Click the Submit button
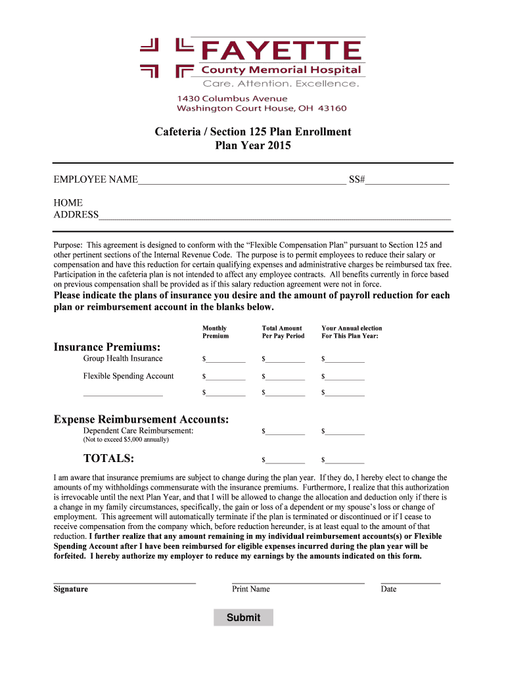click(x=243, y=617)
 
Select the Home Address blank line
click(x=275, y=216)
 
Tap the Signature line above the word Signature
click(x=124, y=582)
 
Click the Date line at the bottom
click(x=410, y=582)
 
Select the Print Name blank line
click(x=298, y=582)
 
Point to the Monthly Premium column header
click(x=216, y=332)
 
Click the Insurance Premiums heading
click(x=107, y=346)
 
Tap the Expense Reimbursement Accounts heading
click(x=141, y=419)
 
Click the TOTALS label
click(x=108, y=458)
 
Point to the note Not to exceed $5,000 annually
click(x=126, y=440)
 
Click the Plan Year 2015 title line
click(x=253, y=146)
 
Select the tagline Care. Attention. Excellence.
click(x=281, y=83)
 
